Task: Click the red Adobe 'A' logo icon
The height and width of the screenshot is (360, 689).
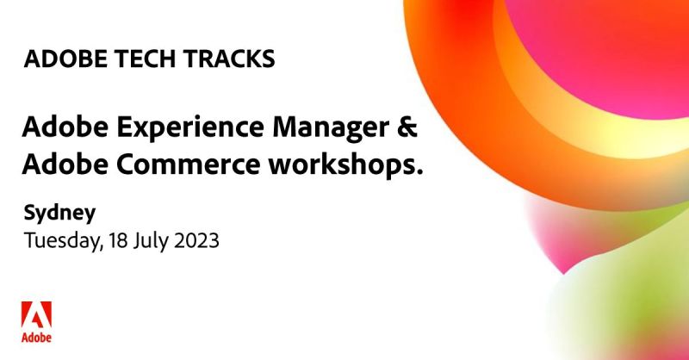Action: coord(36,313)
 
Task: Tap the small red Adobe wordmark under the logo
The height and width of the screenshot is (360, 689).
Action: coord(36,337)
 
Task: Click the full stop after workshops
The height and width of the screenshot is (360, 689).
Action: coord(420,171)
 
